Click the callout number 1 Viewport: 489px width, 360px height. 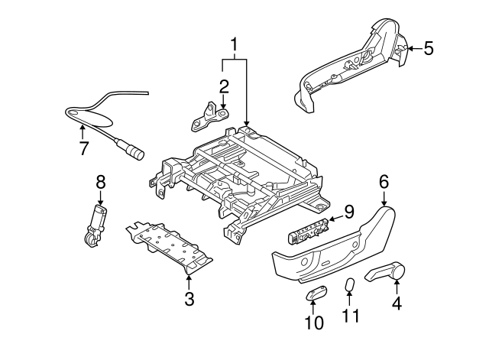235,44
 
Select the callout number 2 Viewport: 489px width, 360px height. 223,85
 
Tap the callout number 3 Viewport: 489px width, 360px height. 189,298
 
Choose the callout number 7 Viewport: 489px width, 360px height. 83,148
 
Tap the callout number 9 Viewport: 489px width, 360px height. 348,211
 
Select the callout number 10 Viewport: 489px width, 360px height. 314,323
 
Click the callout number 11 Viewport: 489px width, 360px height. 351,315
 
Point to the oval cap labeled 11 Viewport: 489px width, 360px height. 350,286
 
